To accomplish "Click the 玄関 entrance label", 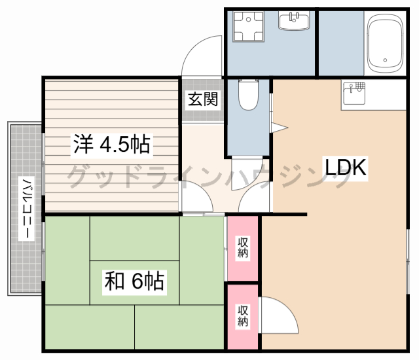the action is coord(203,99).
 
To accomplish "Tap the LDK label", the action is coord(345,167).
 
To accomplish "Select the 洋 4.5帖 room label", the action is coord(112,144).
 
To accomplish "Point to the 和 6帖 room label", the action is coord(134,281).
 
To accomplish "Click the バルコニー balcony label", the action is coord(26,208).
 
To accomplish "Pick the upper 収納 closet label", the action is coord(243,247).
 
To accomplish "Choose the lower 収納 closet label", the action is coord(243,316).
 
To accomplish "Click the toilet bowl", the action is coord(248,95).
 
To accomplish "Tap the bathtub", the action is coord(385,43).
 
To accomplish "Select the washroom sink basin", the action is coord(294,20).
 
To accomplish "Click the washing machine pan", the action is coord(248,26).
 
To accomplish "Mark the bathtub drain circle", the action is coord(385,60).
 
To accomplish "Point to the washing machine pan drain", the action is coord(248,19).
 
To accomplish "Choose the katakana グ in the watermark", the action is coord(78,176).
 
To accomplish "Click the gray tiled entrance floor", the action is coord(202,100).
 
